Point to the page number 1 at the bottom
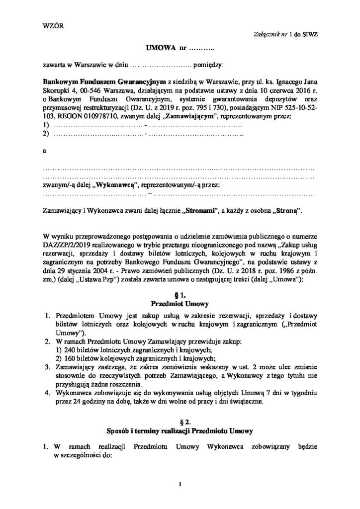pos(180,482)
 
